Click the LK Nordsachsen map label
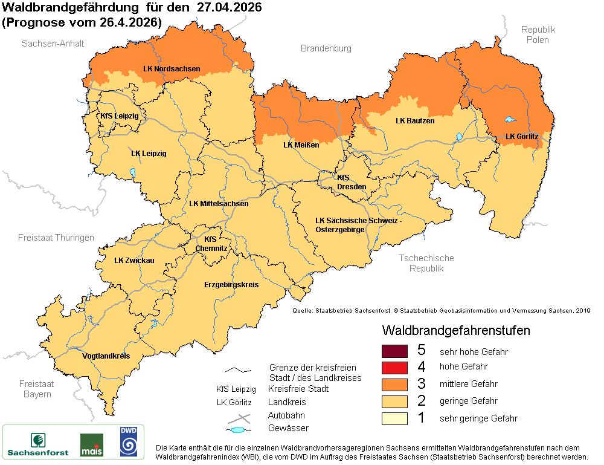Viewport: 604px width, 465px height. (172, 69)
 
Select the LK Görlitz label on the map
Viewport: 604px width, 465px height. (522, 137)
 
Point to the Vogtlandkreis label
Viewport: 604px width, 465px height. (106, 356)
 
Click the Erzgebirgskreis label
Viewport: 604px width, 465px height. (231, 284)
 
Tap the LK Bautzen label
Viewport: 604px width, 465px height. (415, 121)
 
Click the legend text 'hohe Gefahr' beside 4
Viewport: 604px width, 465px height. (464, 366)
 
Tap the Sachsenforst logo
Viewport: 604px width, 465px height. (38, 443)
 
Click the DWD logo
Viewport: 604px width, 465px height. (128, 441)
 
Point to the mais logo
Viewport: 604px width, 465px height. (92, 445)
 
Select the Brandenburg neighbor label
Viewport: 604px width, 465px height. (326, 48)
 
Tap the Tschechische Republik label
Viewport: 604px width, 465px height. (426, 263)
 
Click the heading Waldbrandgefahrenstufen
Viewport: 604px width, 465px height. (456, 331)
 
